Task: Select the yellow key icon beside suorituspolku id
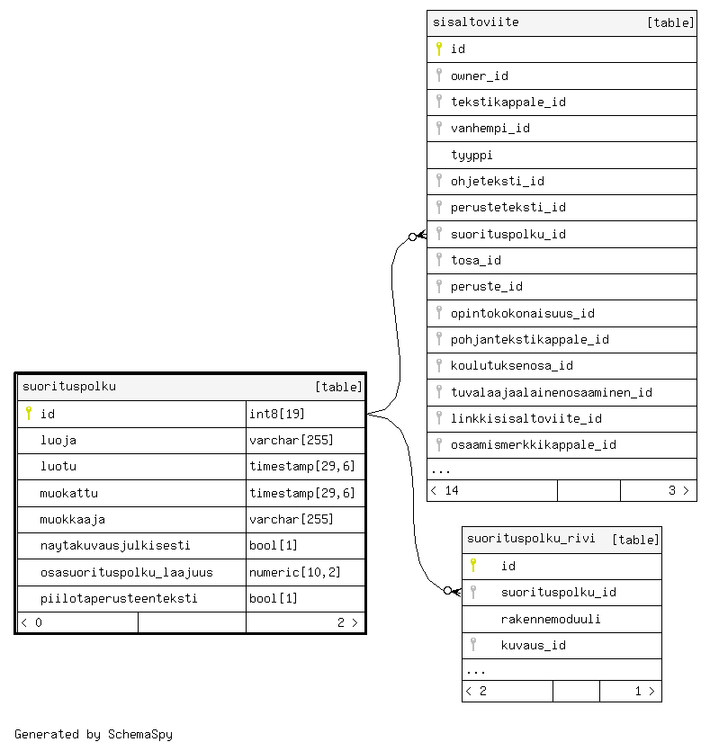click(x=29, y=414)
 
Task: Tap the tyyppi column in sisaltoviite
click(x=472, y=155)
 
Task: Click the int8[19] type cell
click(x=278, y=414)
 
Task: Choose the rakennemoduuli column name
click(x=551, y=619)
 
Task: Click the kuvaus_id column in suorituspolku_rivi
click(x=533, y=645)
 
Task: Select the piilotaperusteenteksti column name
click(x=119, y=598)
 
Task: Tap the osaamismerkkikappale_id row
click(x=533, y=444)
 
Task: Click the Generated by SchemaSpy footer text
click(x=94, y=734)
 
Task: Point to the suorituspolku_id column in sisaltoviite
click(x=508, y=234)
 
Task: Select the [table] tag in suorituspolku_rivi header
click(x=635, y=540)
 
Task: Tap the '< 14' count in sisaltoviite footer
click(x=445, y=490)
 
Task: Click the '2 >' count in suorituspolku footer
click(x=347, y=622)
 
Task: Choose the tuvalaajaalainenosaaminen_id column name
click(x=551, y=392)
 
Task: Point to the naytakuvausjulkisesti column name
click(x=115, y=545)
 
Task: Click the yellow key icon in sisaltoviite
click(x=439, y=49)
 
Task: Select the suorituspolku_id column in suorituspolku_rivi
click(x=558, y=592)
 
